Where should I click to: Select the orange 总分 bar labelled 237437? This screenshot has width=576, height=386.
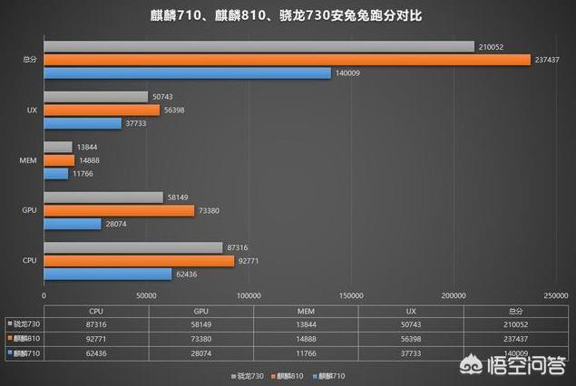[287, 60]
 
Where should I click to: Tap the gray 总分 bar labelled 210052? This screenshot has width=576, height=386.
[259, 46]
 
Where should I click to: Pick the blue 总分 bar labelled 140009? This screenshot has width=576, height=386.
[187, 73]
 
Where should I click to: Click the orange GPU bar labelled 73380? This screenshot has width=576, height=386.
[119, 210]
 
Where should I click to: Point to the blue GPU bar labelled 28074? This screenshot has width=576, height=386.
[73, 224]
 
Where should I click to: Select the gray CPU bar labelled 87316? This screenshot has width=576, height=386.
[133, 247]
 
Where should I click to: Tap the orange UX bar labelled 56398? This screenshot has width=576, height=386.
[102, 110]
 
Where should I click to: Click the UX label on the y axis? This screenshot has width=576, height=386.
[32, 110]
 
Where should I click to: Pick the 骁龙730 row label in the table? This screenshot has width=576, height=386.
[24, 324]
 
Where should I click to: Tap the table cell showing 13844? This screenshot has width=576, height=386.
[306, 324]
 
